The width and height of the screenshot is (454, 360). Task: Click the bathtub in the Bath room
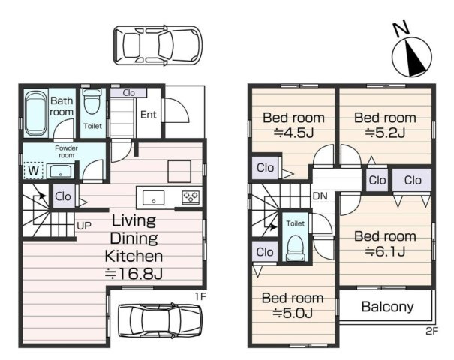click(36, 113)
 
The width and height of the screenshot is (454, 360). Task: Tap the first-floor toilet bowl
click(92, 101)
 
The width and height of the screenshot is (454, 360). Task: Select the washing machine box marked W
click(34, 171)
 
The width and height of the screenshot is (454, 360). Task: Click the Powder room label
click(66, 151)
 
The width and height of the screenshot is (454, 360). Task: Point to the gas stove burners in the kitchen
click(191, 197)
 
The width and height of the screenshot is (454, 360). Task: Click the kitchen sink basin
click(153, 198)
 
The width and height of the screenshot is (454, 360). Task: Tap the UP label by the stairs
click(84, 226)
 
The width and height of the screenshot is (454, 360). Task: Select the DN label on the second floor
click(320, 196)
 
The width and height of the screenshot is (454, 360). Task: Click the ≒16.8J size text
click(134, 274)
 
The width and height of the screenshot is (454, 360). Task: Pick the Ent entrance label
click(149, 115)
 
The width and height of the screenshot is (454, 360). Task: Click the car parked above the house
click(158, 45)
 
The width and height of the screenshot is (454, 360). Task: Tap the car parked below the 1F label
click(160, 320)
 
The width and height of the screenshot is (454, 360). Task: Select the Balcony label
click(388, 307)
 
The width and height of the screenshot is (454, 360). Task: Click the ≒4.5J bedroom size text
click(294, 133)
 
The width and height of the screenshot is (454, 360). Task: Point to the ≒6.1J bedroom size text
click(385, 251)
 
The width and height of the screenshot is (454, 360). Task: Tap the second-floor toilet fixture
click(296, 248)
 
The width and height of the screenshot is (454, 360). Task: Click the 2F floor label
click(432, 331)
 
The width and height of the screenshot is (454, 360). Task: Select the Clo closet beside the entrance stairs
click(128, 92)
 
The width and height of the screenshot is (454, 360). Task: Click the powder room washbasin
click(61, 171)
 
